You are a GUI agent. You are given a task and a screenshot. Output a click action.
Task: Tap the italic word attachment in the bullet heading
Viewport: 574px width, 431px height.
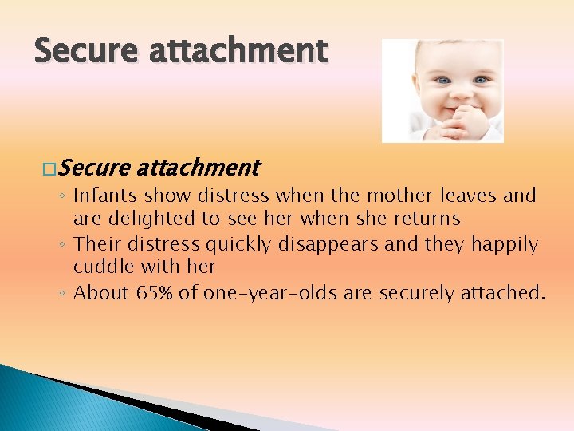tap(198, 168)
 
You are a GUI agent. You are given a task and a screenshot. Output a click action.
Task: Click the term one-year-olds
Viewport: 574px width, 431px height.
tap(269, 293)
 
